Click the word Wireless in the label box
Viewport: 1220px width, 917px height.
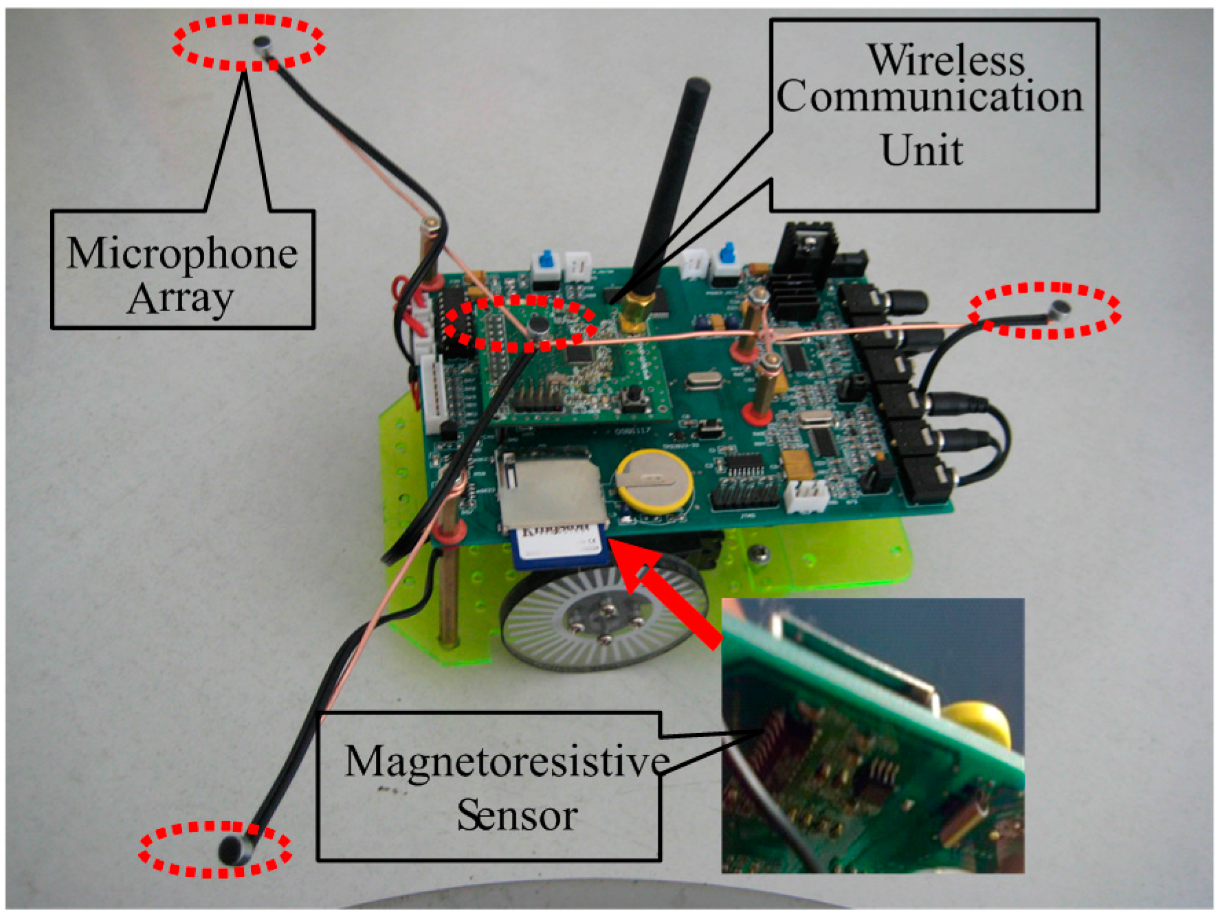[x=946, y=60]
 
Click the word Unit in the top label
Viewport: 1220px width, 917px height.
[x=922, y=150]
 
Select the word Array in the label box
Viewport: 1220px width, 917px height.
[x=180, y=299]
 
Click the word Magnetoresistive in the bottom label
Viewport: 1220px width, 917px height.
[x=507, y=762]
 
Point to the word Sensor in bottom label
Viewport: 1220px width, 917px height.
[x=517, y=816]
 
